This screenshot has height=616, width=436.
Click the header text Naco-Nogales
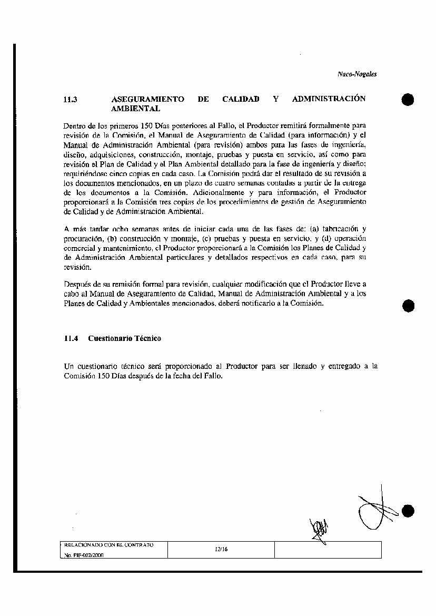357,74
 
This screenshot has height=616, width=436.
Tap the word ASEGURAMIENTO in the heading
148,99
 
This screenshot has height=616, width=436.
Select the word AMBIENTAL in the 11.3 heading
136,109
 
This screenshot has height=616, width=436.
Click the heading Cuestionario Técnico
125,338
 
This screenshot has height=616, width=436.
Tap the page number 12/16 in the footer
221,549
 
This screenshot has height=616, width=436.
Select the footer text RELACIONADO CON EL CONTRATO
108,544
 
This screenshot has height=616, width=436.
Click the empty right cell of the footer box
328,550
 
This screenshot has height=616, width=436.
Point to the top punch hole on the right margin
408,99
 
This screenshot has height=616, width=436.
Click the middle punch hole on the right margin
408,306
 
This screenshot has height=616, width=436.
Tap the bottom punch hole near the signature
408,510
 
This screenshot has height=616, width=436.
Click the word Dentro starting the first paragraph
73,126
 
